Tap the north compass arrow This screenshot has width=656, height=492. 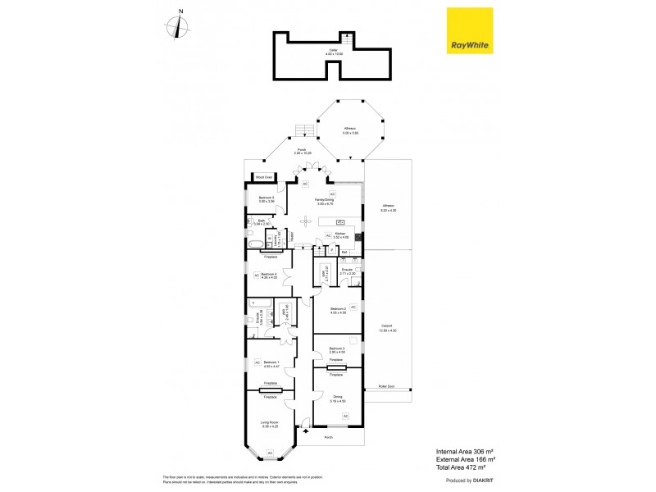(x=180, y=27)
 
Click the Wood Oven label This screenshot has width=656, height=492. (x=263, y=176)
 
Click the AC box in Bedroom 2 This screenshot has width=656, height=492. (x=353, y=306)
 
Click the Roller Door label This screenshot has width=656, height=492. (x=386, y=385)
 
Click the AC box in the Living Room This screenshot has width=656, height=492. (x=269, y=453)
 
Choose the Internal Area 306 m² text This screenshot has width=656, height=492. (x=464, y=451)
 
